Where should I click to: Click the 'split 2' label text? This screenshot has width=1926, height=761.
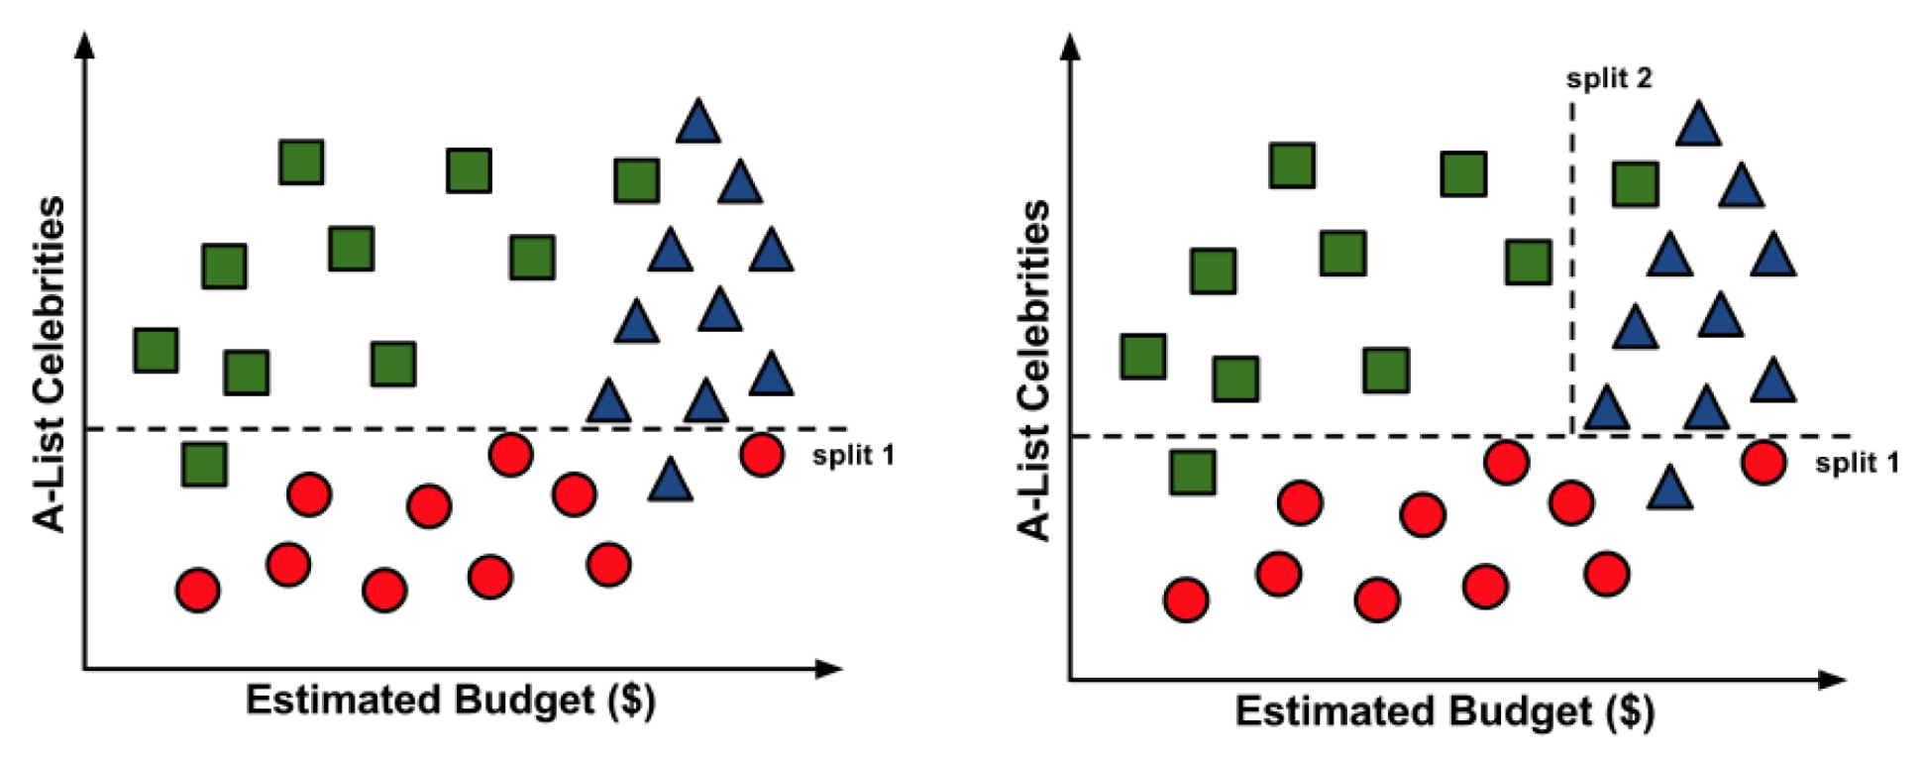pyautogui.click(x=1609, y=78)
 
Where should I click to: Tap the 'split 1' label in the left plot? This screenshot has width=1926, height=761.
pyautogui.click(x=853, y=456)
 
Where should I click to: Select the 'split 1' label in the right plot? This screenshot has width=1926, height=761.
pyautogui.click(x=1857, y=463)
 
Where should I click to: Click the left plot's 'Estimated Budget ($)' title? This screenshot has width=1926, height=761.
pyautogui.click(x=451, y=701)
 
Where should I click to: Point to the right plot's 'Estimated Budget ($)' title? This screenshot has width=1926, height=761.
pyautogui.click(x=1444, y=711)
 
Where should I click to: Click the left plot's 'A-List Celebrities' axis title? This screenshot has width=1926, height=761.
pyautogui.click(x=50, y=364)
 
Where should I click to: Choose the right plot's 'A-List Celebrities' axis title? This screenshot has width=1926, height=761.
pyautogui.click(x=1033, y=371)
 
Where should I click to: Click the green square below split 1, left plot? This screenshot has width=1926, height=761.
pyautogui.click(x=204, y=464)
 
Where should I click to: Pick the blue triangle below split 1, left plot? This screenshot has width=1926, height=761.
pyautogui.click(x=671, y=480)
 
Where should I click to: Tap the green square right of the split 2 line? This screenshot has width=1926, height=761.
pyautogui.click(x=1635, y=184)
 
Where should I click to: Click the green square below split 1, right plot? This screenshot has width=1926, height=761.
pyautogui.click(x=1193, y=472)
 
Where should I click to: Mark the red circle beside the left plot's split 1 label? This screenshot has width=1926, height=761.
pyautogui.click(x=762, y=455)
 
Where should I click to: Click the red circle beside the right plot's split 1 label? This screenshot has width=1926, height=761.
pyautogui.click(x=1764, y=463)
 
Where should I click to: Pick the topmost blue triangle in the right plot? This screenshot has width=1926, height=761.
pyautogui.click(x=1698, y=125)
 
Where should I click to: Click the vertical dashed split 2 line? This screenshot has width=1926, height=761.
pyautogui.click(x=1571, y=268)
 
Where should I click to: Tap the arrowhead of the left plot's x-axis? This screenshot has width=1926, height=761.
pyautogui.click(x=830, y=669)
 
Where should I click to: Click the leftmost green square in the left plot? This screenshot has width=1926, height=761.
pyautogui.click(x=156, y=351)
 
